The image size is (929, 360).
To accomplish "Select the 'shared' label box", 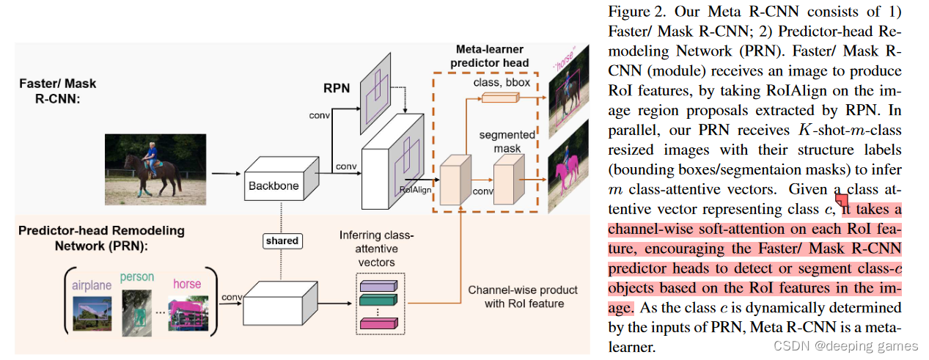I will [x=282, y=240].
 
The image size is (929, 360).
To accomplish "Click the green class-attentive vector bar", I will [x=378, y=301].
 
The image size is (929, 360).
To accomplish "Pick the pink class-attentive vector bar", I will [x=378, y=323].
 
